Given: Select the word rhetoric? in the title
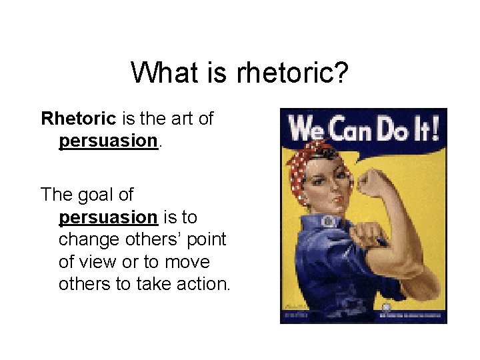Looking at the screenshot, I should tap(292, 72).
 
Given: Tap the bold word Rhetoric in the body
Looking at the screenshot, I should tap(79, 119).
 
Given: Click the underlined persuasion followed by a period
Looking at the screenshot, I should tap(107, 141).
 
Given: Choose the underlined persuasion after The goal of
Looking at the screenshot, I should tap(107, 217).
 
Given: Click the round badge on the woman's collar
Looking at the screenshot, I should tap(327, 221).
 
